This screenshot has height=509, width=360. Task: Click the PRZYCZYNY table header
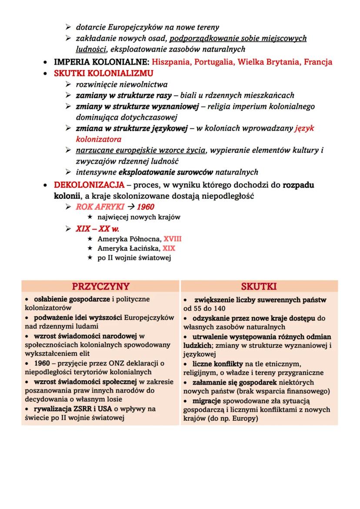(x=100, y=286)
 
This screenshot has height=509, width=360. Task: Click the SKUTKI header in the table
(x=259, y=286)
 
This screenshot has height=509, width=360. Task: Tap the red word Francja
(x=318, y=62)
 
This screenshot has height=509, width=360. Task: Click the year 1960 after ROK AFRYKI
(x=145, y=206)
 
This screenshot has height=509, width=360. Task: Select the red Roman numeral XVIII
(x=173, y=239)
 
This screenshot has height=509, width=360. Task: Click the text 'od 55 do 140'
(x=205, y=309)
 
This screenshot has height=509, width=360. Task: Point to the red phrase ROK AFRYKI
(x=96, y=206)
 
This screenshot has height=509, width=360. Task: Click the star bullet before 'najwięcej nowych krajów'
(x=90, y=217)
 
